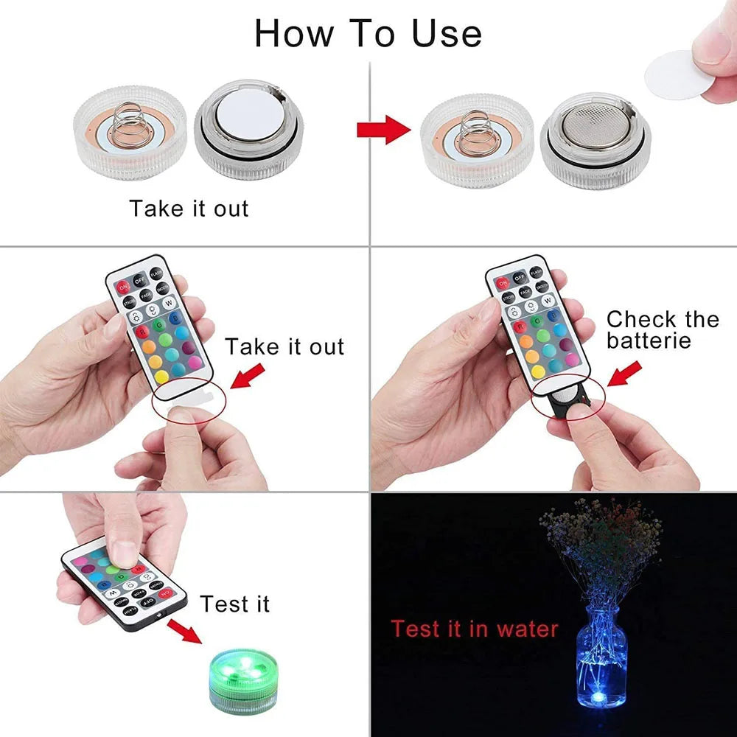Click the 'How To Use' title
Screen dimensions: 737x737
(x=368, y=33)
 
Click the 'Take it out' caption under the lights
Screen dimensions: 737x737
(x=189, y=208)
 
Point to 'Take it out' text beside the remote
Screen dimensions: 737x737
(x=284, y=346)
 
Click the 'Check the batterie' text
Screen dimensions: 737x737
(x=661, y=329)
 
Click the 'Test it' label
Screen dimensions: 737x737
(x=234, y=604)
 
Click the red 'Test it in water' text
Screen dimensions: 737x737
(x=474, y=629)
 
